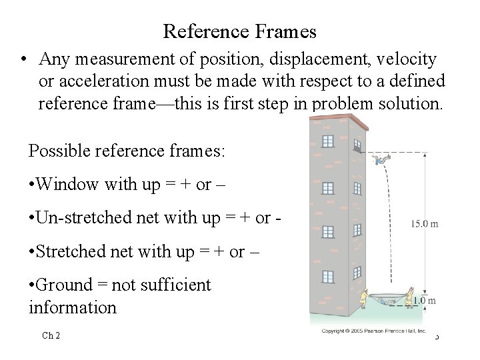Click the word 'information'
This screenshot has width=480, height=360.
73,307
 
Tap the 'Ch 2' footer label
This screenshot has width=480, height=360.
51,335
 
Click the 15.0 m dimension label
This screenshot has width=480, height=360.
424,224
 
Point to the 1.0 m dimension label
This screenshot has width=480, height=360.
425,301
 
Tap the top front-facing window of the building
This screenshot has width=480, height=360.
327,141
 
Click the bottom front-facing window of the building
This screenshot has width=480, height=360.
327,276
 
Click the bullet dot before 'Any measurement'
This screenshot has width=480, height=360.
23,60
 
